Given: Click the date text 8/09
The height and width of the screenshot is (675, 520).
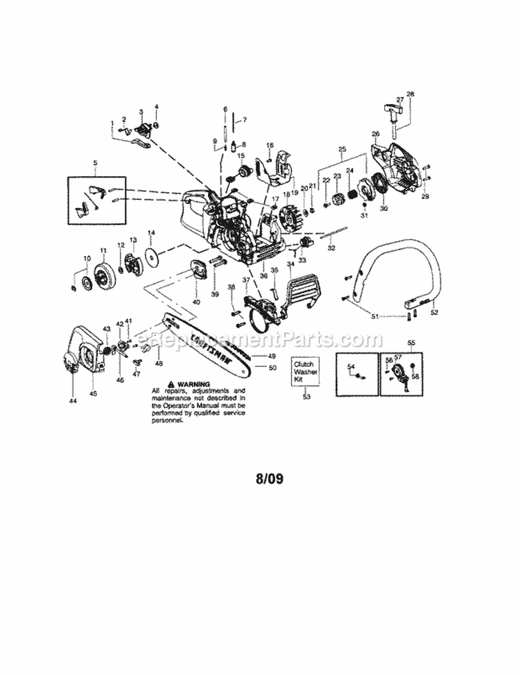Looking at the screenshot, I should click(x=269, y=479).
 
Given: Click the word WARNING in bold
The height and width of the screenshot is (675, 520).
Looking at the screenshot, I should click(x=193, y=384).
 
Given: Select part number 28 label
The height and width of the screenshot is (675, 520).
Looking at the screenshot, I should click(x=410, y=94).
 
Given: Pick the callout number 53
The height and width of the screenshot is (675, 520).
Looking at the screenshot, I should click(x=306, y=397).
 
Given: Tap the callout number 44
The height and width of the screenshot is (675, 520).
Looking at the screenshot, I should click(x=72, y=401).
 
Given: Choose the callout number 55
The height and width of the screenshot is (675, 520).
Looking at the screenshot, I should click(x=410, y=343).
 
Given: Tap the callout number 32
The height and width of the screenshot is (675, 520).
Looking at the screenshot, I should click(x=331, y=246).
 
